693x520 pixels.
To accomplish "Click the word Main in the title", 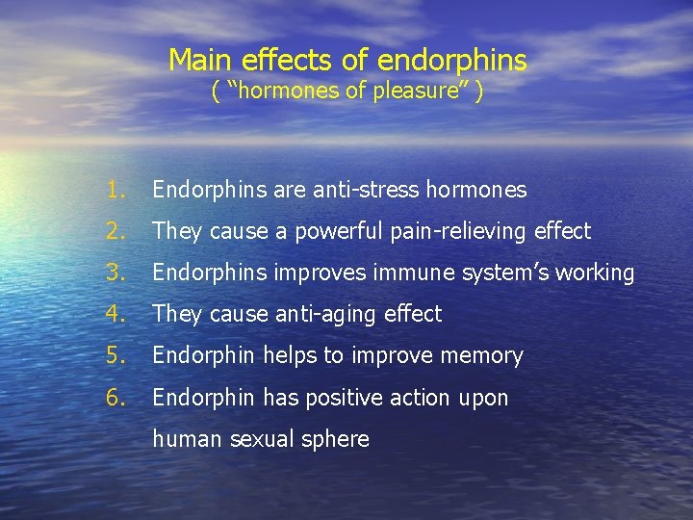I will coord(201,61).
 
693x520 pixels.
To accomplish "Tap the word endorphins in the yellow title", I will coord(452,62).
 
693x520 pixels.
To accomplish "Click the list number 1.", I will coord(116,190).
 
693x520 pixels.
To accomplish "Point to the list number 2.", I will coord(116,231).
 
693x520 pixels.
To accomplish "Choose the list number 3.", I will coord(116,273).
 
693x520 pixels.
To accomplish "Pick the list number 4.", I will coord(116,314).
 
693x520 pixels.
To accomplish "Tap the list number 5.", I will coord(116,355).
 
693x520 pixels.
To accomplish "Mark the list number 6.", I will coord(116,397).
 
